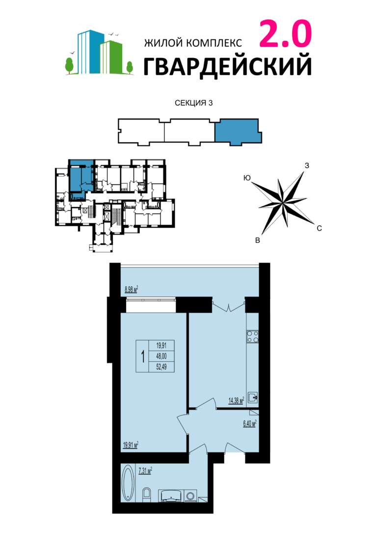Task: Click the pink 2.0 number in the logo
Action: click(x=286, y=34)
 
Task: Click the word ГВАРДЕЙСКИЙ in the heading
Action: click(x=227, y=66)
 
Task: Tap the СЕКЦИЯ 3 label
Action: click(x=194, y=103)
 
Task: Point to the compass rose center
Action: click(x=282, y=203)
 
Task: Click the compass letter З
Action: click(x=307, y=166)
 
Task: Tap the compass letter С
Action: click(x=319, y=229)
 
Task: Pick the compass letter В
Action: click(x=258, y=240)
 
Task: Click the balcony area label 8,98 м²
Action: click(x=131, y=290)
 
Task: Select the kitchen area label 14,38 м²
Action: click(x=236, y=400)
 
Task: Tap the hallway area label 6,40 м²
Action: click(x=249, y=423)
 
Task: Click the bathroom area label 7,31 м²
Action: click(x=145, y=471)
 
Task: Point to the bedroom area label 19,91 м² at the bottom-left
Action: click(x=131, y=445)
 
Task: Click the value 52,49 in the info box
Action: click(x=162, y=367)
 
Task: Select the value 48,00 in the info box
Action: click(x=162, y=356)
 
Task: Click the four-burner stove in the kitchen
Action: click(x=253, y=336)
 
